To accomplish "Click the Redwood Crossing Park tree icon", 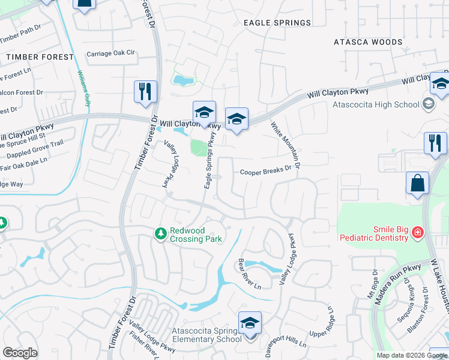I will click(x=160, y=232).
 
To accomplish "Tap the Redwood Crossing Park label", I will click(x=196, y=235).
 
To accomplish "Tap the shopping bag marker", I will click(x=417, y=183).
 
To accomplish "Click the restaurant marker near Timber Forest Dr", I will click(x=145, y=92).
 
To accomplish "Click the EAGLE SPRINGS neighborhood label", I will click(x=277, y=23).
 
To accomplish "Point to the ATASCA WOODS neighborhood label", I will click(x=368, y=42).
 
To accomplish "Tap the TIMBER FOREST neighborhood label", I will click(x=40, y=57).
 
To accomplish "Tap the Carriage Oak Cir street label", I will click(x=111, y=53).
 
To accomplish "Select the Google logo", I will click(x=20, y=353).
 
